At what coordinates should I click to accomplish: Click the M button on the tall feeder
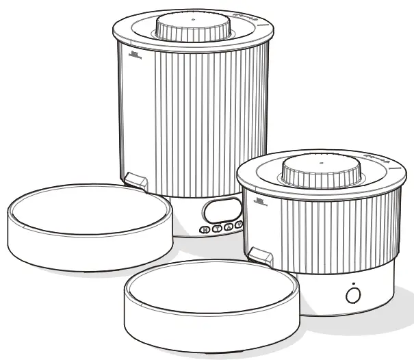coord(204,231)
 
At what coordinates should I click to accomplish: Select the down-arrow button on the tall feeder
coord(238,224)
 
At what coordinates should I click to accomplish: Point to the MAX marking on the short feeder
coord(259,201)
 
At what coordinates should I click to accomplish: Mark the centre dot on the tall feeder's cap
coord(193,20)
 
